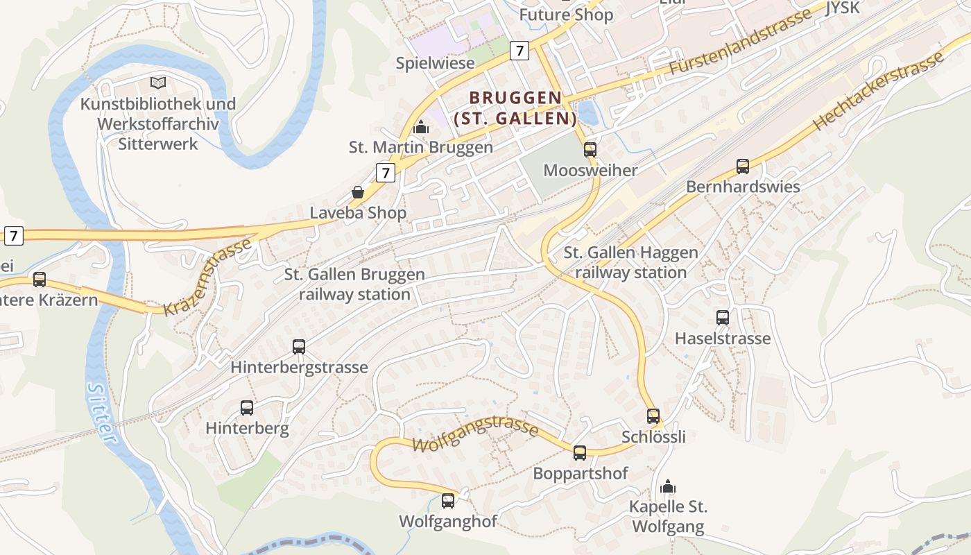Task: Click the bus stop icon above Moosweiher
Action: (x=590, y=149)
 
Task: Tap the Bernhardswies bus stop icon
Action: (x=743, y=166)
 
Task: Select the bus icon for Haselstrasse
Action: (x=723, y=318)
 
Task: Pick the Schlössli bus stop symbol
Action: (x=653, y=416)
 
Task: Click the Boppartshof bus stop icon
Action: (x=580, y=453)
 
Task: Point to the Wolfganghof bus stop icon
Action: (x=448, y=500)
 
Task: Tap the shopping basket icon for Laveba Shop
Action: (x=358, y=192)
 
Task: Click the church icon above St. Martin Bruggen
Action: (x=420, y=127)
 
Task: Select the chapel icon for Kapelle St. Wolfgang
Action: (x=668, y=486)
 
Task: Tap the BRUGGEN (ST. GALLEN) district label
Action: (x=515, y=108)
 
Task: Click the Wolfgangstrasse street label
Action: (x=476, y=434)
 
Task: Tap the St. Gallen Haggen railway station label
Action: (x=630, y=262)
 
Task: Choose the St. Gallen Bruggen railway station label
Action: (x=354, y=284)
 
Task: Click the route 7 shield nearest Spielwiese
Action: (x=519, y=50)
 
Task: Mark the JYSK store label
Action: (x=842, y=8)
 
